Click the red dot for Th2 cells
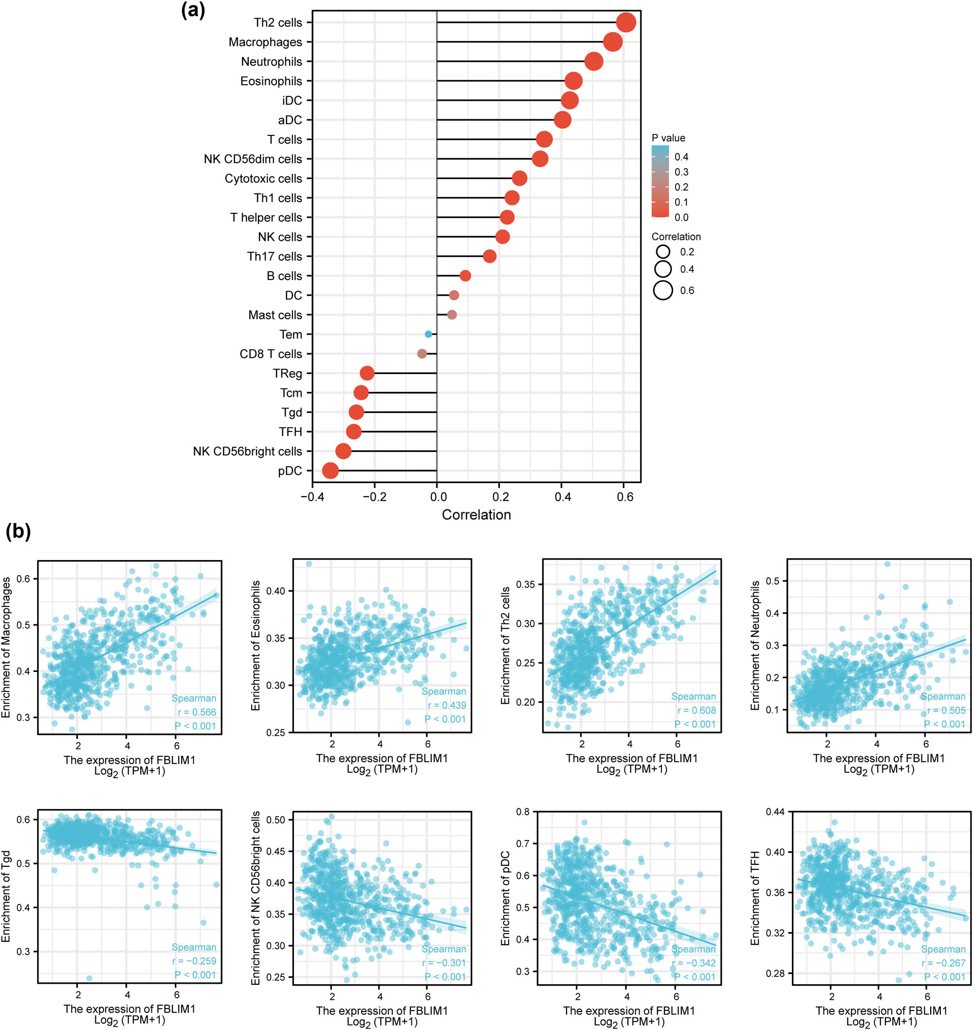click(x=626, y=23)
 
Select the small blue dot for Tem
click(x=428, y=334)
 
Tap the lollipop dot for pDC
click(x=330, y=470)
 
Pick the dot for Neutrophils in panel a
click(x=594, y=62)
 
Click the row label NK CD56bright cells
click(x=247, y=451)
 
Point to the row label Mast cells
click(x=275, y=315)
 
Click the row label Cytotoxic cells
click(x=263, y=179)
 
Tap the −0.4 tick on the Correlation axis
click(x=312, y=497)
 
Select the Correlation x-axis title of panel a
click(x=476, y=515)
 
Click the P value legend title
click(x=669, y=138)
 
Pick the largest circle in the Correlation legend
click(x=663, y=291)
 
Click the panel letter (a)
click(x=193, y=10)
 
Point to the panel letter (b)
click(x=18, y=532)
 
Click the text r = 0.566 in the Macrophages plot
click(x=197, y=712)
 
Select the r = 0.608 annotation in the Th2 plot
click(x=697, y=711)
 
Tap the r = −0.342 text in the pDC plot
click(x=694, y=963)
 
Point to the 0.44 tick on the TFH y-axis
click(x=775, y=811)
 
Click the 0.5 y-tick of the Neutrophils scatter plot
click(x=773, y=581)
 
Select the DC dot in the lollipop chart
click(x=454, y=295)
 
